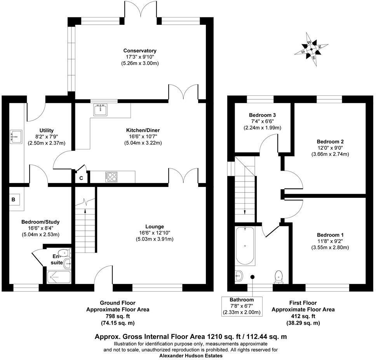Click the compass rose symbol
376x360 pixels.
311,50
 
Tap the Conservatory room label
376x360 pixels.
140,51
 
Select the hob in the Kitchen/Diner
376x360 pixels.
111,177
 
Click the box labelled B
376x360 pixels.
14,200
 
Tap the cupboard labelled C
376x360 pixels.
81,178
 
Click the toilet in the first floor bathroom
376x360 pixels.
278,277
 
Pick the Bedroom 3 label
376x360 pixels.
262,115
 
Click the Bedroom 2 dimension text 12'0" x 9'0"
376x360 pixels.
330,148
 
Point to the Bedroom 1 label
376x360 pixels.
330,235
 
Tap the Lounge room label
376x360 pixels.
155,226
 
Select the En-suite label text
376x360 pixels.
57,259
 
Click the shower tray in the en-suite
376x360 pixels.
59,277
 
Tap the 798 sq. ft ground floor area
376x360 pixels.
118,316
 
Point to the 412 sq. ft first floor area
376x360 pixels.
303,316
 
